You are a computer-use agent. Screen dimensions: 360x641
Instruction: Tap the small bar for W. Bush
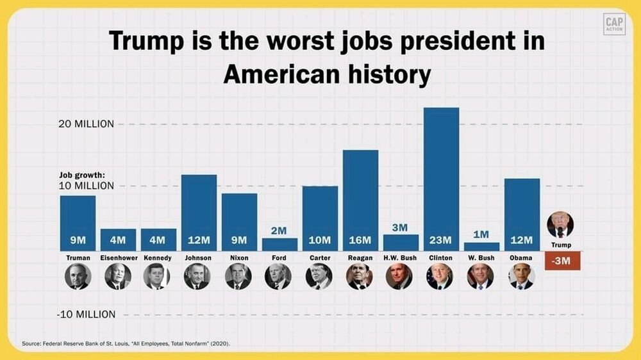click(x=481, y=246)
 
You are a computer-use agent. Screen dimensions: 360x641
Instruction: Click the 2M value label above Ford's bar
click(x=279, y=230)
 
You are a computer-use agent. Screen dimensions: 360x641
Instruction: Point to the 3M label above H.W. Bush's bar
click(x=401, y=226)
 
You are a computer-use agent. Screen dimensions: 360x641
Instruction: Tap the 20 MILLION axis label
click(x=86, y=124)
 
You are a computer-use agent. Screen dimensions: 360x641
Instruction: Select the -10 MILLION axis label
click(x=86, y=315)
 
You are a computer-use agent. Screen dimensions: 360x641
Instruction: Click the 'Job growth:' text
click(x=82, y=174)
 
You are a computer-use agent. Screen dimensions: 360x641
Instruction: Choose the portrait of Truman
click(x=78, y=276)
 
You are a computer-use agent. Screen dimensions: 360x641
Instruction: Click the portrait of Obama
click(x=521, y=276)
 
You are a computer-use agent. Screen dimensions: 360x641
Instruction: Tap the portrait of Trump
click(x=560, y=225)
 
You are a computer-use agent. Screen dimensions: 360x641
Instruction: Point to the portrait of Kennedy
click(x=158, y=276)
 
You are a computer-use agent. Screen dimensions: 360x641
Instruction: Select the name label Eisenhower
click(x=118, y=258)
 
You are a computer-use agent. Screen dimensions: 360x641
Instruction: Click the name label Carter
click(x=319, y=258)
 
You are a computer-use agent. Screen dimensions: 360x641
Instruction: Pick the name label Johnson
click(x=198, y=258)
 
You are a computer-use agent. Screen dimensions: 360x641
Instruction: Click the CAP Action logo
click(x=613, y=24)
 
